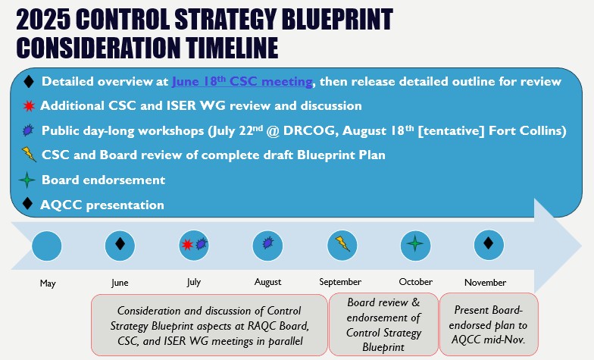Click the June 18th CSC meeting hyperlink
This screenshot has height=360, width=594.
242,82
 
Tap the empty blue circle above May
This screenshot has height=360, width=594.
47,246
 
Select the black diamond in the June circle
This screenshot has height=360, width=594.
120,244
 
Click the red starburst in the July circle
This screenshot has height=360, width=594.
187,244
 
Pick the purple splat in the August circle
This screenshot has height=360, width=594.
267,243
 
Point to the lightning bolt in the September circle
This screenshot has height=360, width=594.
342,244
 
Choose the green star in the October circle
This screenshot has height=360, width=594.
415,243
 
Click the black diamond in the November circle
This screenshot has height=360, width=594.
489,243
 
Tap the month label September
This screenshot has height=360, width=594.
340,282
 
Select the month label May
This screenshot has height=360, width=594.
48,283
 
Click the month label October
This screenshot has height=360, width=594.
415,282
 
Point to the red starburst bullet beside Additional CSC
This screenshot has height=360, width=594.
29,106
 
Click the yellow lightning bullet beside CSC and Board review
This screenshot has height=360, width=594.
29,155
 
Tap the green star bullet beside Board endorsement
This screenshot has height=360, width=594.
27,180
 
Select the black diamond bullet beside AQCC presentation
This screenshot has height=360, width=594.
27,203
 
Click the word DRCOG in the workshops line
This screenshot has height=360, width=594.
309,130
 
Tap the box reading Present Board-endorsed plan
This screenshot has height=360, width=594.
489,324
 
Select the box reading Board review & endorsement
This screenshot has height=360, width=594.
383,324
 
